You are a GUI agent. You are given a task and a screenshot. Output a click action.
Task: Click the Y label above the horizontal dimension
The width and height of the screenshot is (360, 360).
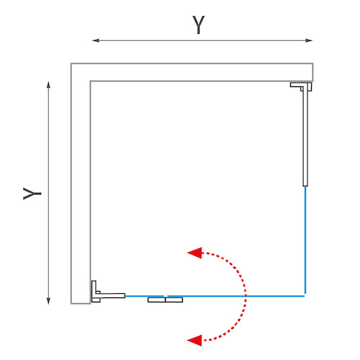click(x=199, y=24)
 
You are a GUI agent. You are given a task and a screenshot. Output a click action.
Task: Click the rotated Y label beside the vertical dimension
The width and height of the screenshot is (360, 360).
click(x=32, y=194)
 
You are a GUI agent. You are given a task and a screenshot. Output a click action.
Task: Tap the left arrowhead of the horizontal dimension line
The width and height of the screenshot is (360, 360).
click(x=96, y=40)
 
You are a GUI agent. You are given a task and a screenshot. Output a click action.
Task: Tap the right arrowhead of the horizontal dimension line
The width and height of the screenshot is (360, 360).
click(x=309, y=40)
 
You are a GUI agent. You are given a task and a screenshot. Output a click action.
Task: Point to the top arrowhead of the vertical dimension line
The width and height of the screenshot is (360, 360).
click(x=48, y=85)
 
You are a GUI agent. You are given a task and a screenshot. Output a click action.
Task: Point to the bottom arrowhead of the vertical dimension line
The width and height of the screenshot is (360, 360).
click(x=48, y=301)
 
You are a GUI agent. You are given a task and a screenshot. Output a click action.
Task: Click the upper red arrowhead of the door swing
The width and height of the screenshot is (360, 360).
click(x=194, y=253)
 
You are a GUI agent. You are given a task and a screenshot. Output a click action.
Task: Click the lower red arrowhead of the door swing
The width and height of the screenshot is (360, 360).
click(x=194, y=341)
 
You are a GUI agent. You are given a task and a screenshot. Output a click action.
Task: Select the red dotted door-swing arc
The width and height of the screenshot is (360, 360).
click(x=245, y=296)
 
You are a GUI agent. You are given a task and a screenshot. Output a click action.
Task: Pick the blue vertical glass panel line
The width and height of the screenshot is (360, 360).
click(x=305, y=240)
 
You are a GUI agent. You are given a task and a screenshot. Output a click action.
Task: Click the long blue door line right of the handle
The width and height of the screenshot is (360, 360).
click(x=236, y=296)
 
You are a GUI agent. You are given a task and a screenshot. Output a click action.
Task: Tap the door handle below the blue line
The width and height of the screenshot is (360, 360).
click(x=165, y=300)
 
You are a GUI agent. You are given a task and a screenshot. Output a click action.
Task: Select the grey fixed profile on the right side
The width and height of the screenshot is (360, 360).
click(x=305, y=135)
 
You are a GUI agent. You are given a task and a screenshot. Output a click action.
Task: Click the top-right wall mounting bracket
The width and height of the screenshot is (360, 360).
click(x=301, y=86)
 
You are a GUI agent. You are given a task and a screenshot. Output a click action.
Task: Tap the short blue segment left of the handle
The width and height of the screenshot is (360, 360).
click(x=145, y=296)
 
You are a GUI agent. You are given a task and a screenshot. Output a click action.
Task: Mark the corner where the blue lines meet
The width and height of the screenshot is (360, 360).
click(x=305, y=296)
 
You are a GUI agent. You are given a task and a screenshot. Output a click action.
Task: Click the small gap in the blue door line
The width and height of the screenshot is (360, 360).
click(x=166, y=296)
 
